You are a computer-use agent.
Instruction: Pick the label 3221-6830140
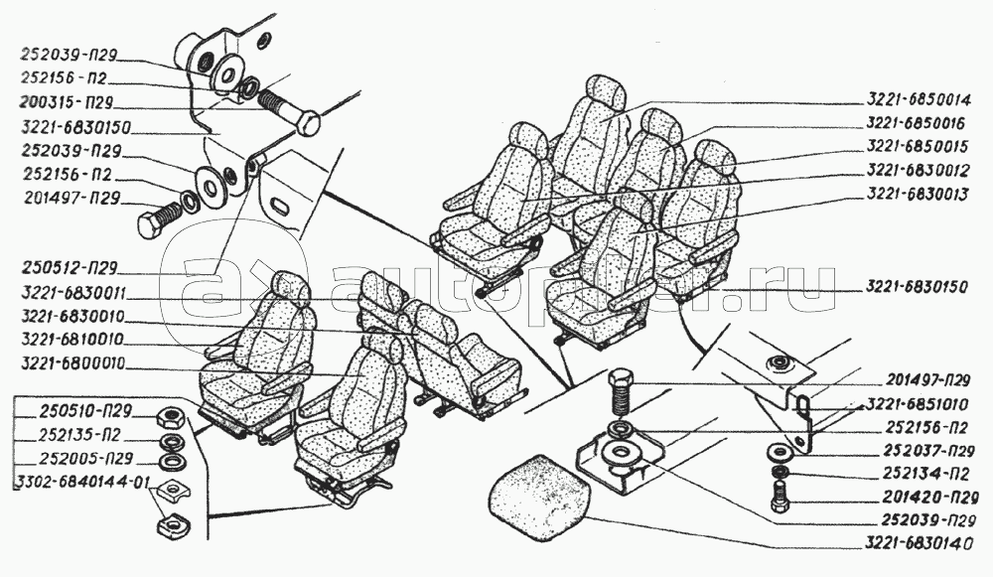click(x=918, y=544)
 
